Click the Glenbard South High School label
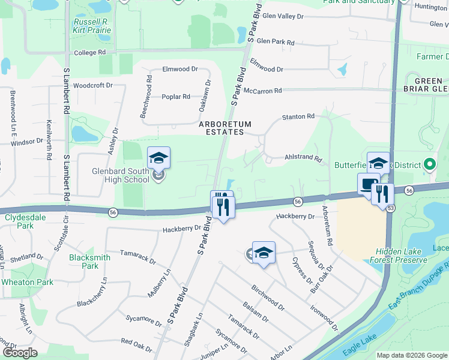click(x=121, y=175)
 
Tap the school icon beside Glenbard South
click(x=158, y=158)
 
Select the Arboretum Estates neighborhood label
click(x=225, y=128)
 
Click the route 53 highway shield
click(x=390, y=208)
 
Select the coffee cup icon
click(x=367, y=184)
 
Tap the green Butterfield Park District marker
click(x=429, y=164)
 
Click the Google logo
click(x=19, y=353)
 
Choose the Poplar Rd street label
click(x=176, y=97)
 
